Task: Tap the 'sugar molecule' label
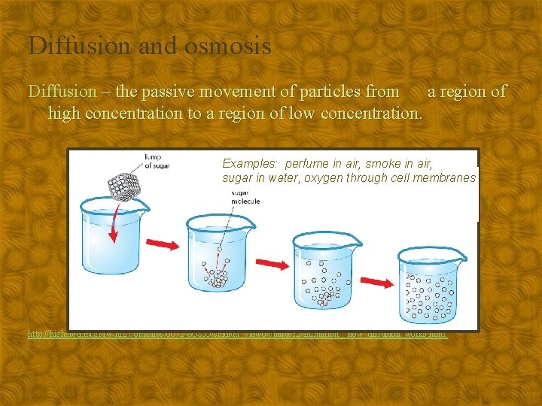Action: tap(245, 197)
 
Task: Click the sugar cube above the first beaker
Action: tap(123, 178)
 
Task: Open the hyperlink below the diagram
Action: tap(237, 333)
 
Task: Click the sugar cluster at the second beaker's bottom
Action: tap(218, 279)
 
